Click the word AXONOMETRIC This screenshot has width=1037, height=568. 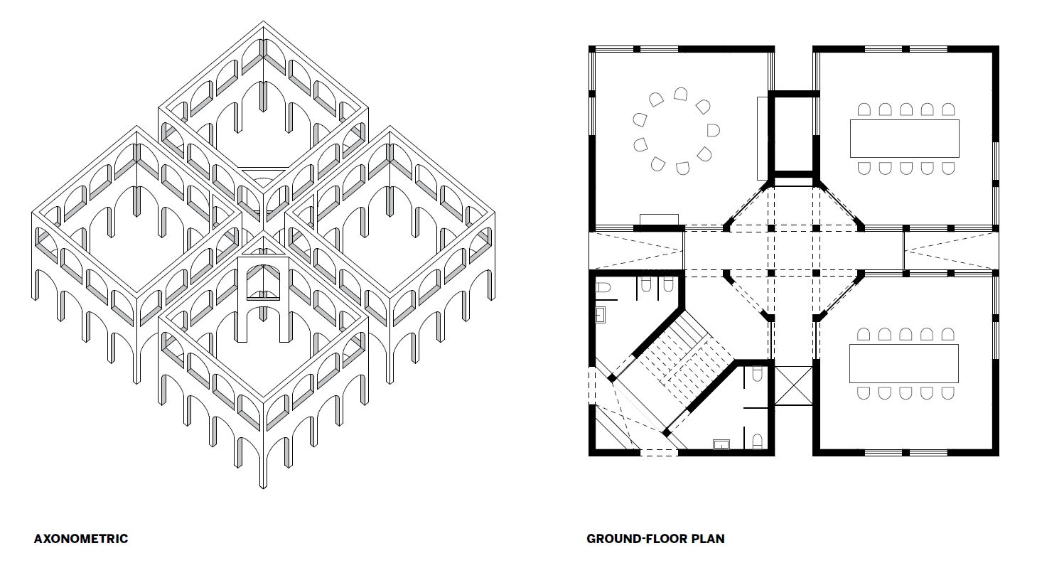(81, 539)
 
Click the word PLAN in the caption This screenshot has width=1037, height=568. (708, 539)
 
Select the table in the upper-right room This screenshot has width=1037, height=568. (905, 139)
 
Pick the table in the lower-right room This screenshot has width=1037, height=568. (903, 363)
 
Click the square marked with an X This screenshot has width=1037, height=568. (793, 386)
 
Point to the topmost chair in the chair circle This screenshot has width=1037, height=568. (680, 94)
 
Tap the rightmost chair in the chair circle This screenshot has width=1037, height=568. (714, 130)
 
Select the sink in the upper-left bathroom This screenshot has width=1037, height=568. (601, 315)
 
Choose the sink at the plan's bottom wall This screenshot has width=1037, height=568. (721, 444)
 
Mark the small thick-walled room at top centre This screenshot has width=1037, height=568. (794, 134)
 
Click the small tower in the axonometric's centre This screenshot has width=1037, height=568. (264, 299)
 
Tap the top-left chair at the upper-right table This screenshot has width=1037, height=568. (864, 109)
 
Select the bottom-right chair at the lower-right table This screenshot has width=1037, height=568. (947, 394)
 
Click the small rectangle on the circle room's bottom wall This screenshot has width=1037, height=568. (660, 220)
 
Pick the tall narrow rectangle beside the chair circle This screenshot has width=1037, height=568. (763, 139)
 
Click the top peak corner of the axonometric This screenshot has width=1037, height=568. (263, 21)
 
